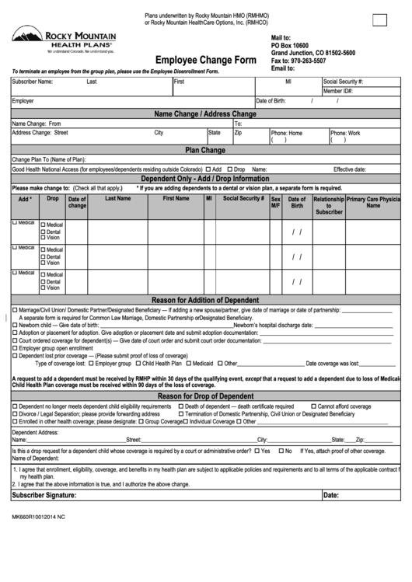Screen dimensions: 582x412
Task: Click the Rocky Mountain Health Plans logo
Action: click(x=63, y=40)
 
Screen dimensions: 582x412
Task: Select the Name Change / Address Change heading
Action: click(x=205, y=114)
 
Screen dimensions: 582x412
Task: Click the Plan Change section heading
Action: click(x=205, y=150)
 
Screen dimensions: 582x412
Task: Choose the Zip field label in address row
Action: click(x=239, y=133)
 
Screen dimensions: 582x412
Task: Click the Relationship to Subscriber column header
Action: click(x=329, y=205)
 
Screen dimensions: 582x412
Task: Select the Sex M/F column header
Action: click(x=276, y=202)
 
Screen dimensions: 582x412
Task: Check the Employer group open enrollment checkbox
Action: click(x=14, y=348)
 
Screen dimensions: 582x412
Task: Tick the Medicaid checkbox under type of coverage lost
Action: click(x=189, y=363)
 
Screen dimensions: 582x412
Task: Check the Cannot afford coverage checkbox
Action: click(x=313, y=406)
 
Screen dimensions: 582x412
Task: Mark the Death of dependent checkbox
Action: click(x=181, y=406)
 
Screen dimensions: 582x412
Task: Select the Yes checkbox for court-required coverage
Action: click(x=257, y=451)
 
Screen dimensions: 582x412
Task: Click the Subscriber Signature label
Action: click(x=44, y=495)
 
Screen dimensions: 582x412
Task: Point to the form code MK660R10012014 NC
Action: click(x=38, y=517)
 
